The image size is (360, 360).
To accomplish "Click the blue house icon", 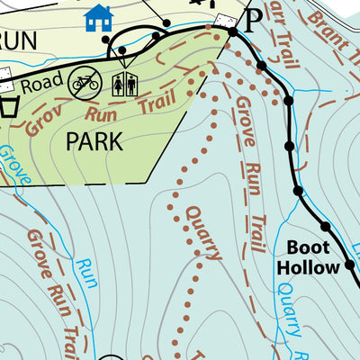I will coord(98,16).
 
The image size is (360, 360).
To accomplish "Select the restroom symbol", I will coord(125,85).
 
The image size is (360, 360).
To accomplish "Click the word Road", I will coord(38,85).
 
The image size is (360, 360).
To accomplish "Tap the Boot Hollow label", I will coord(308,257).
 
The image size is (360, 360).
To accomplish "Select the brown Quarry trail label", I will coord(199,233).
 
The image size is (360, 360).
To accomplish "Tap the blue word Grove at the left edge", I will coord(15,167).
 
